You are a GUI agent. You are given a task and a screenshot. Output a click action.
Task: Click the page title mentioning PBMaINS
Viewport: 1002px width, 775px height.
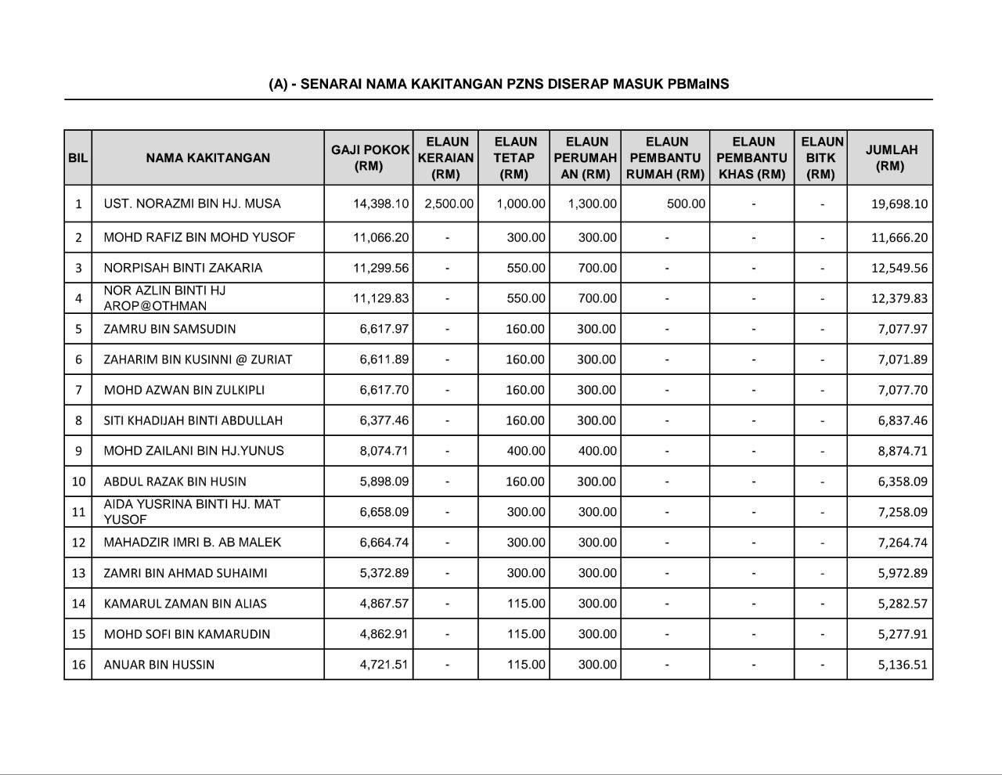click(499, 84)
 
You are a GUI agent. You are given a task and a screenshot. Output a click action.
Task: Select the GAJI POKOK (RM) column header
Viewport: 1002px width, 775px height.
click(369, 157)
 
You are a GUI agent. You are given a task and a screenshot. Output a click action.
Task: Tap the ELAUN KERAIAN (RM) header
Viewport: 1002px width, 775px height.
click(445, 157)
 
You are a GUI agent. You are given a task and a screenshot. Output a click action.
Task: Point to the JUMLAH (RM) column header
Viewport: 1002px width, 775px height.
click(891, 157)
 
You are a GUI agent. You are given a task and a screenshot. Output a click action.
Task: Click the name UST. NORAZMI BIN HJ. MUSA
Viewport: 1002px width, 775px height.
click(192, 204)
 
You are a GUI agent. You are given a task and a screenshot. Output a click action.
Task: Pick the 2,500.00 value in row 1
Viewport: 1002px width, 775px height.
click(449, 204)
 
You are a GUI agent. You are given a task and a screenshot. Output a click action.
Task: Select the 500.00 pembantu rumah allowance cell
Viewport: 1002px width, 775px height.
click(686, 204)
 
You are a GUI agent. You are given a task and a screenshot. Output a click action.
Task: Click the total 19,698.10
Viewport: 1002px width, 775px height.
click(899, 204)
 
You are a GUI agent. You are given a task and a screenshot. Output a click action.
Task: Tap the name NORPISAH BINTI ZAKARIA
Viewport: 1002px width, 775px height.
click(183, 268)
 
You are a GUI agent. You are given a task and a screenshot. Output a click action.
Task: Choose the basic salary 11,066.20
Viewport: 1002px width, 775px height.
click(380, 237)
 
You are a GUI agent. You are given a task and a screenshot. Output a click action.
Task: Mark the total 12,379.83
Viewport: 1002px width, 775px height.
click(899, 298)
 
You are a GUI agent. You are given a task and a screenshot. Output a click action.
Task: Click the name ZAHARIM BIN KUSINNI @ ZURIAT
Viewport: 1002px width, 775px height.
click(198, 359)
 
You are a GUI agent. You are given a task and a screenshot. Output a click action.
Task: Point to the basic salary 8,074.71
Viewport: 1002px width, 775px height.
click(384, 451)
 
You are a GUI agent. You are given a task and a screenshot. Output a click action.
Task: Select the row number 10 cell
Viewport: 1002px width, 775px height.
click(78, 481)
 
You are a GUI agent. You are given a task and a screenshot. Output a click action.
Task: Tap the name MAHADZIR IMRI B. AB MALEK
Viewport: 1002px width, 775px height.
click(193, 542)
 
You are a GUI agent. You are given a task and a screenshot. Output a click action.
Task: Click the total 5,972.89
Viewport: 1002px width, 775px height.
click(902, 573)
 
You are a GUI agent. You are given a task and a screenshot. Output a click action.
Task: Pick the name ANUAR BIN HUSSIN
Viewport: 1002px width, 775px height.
click(159, 665)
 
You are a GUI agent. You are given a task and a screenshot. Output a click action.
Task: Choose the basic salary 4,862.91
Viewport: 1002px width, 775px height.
click(384, 634)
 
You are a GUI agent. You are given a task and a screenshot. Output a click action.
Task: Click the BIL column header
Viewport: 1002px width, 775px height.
click(77, 157)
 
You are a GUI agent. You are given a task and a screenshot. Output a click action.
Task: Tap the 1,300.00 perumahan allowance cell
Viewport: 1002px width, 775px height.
click(592, 204)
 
